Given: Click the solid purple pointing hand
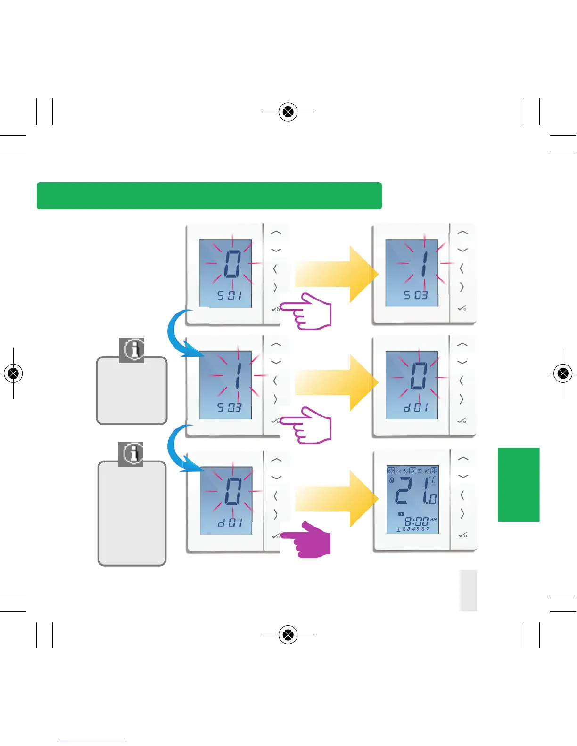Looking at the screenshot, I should pyautogui.click(x=309, y=540).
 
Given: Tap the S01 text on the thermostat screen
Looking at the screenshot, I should pyautogui.click(x=230, y=296).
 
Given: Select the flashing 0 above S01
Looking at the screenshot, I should pyautogui.click(x=232, y=264).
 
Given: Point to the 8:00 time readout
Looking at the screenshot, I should pyautogui.click(x=416, y=521).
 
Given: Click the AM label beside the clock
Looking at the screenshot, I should pyautogui.click(x=433, y=519).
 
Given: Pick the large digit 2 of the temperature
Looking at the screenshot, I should pyautogui.click(x=404, y=491).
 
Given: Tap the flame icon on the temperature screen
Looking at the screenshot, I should pyautogui.click(x=391, y=480).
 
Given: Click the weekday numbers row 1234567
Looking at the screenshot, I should pyautogui.click(x=413, y=529).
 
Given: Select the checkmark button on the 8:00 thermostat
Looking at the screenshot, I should pyautogui.click(x=462, y=535).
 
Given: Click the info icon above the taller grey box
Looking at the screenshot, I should pyautogui.click(x=131, y=454).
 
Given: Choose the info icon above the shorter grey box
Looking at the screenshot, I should pyautogui.click(x=132, y=350).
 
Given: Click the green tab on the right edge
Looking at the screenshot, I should pyautogui.click(x=518, y=485).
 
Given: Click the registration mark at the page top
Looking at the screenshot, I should pyautogui.click(x=288, y=112).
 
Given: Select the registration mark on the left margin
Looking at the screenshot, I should pyautogui.click(x=14, y=373).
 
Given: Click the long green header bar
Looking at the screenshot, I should pyautogui.click(x=209, y=195).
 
